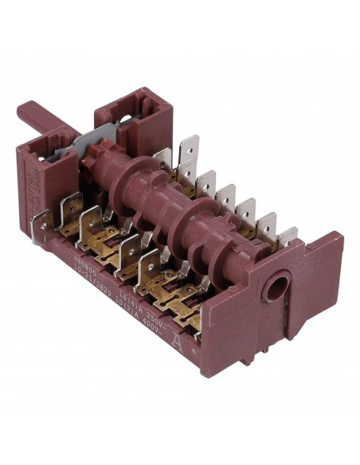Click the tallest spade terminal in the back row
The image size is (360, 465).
coord(190,151)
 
